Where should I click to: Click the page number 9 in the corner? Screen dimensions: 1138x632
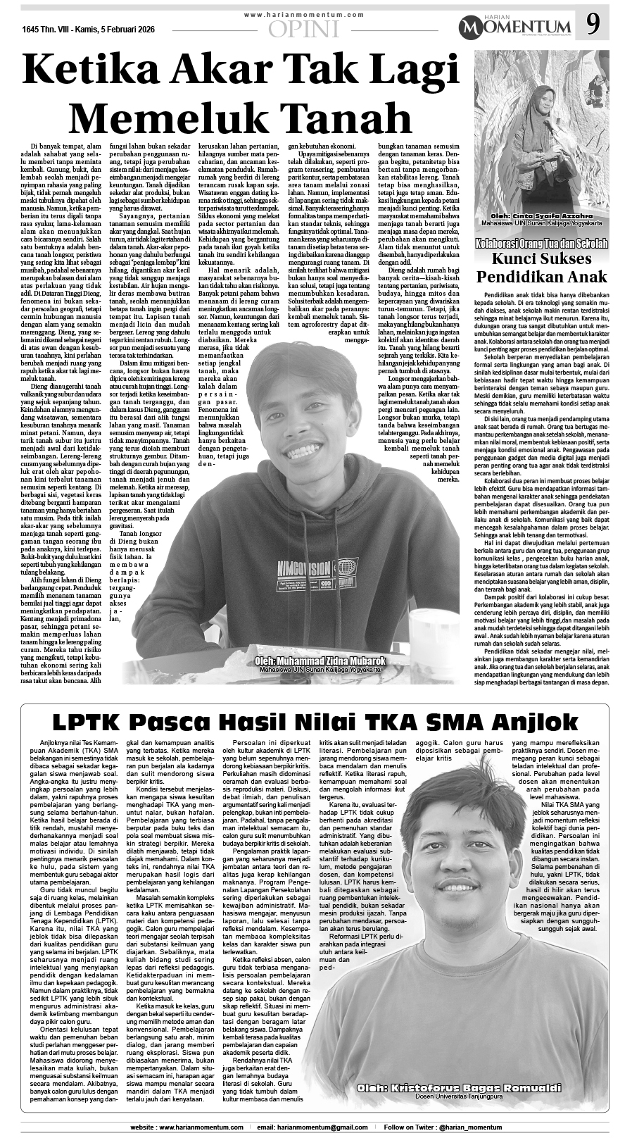tap(593, 26)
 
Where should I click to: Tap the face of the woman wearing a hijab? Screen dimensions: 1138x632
tap(546, 101)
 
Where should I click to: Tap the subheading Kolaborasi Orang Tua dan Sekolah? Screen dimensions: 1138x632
tap(541, 244)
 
